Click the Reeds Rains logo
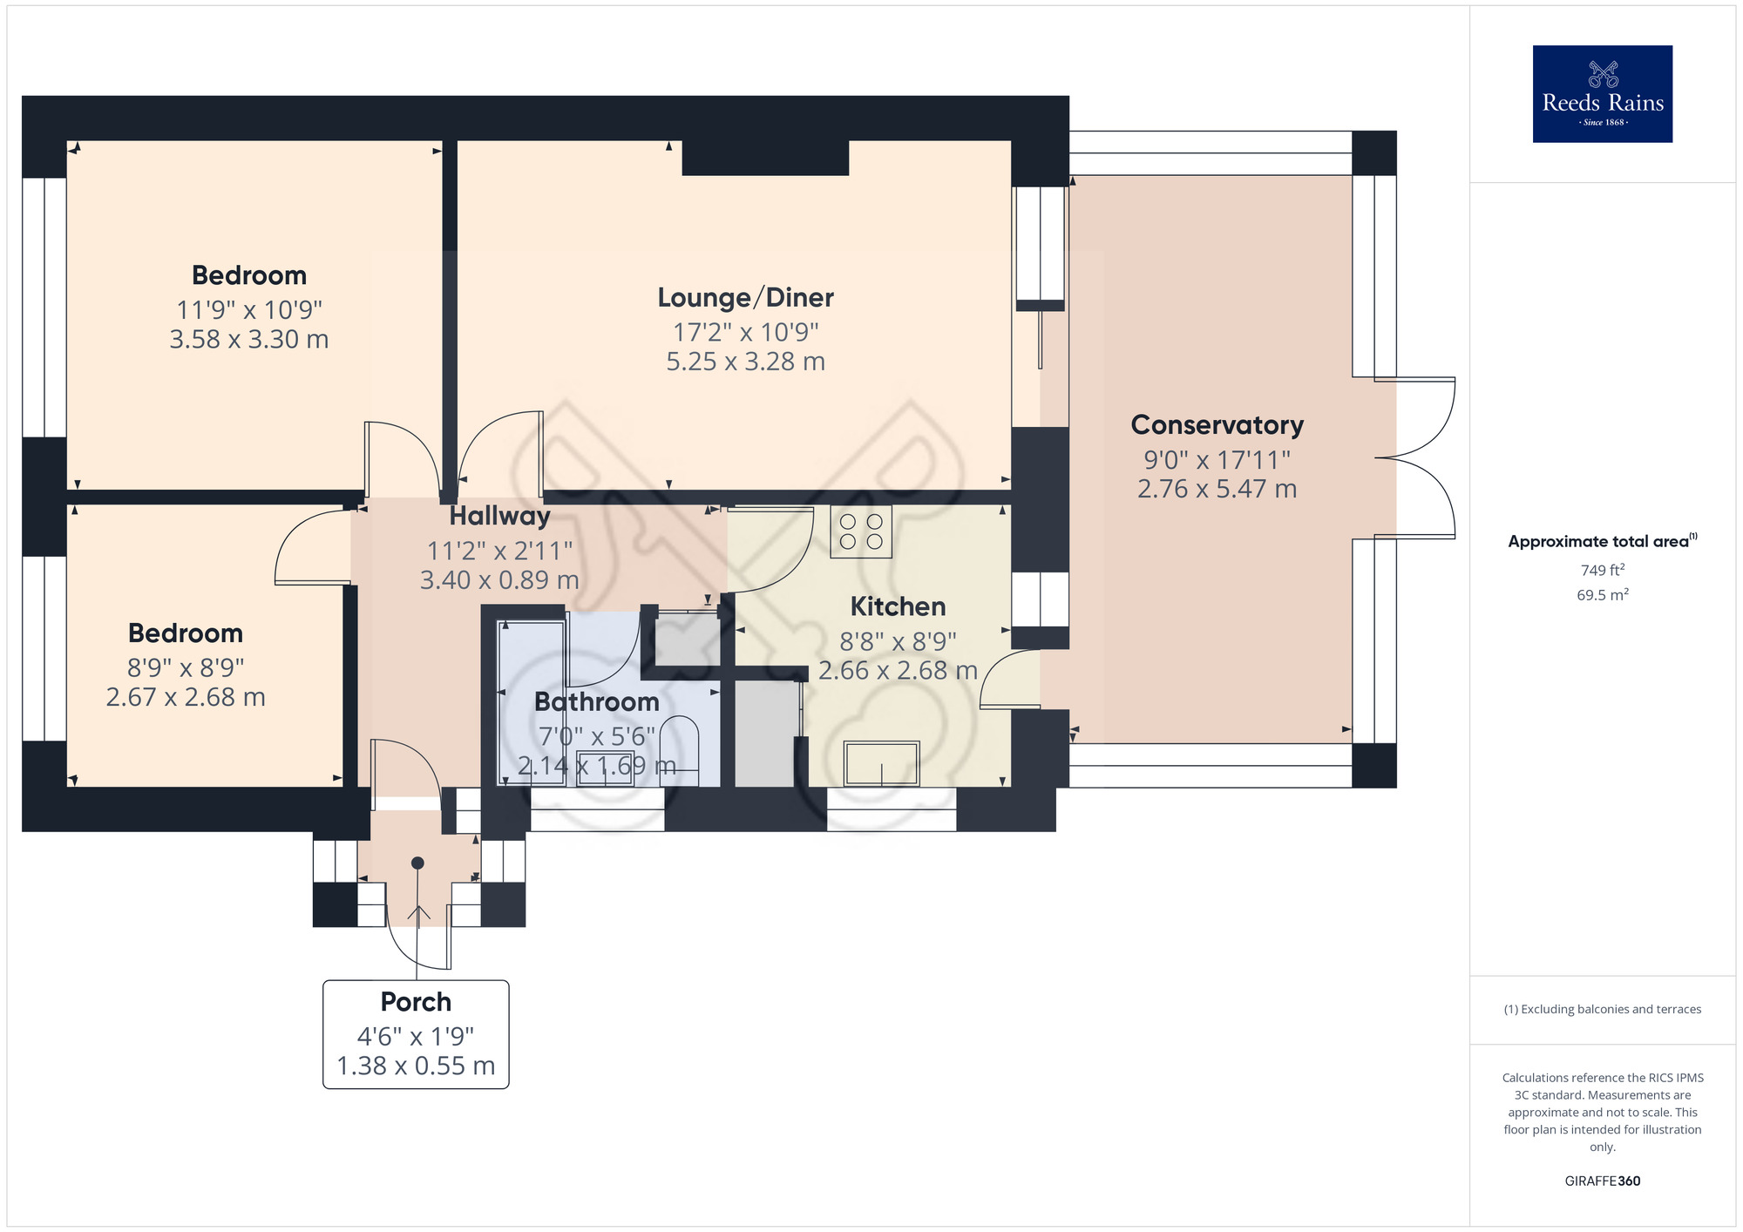coord(1602,94)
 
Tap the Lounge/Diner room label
coord(745,298)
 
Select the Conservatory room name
coord(1217,425)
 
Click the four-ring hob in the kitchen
coord(861,531)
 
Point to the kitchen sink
coord(881,763)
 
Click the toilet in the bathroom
coord(680,749)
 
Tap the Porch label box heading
coord(416,1002)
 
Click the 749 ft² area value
coord(1602,570)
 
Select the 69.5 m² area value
coord(1602,595)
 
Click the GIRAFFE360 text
coord(1602,1181)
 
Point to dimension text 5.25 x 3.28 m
coord(745,362)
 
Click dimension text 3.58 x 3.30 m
coord(249,340)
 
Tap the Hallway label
coord(499,517)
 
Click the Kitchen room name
coord(898,606)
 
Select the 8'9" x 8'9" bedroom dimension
coord(186,668)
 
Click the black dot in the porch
coord(417,863)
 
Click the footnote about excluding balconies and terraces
coord(1602,1009)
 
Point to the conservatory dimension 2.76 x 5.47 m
coord(1217,489)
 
